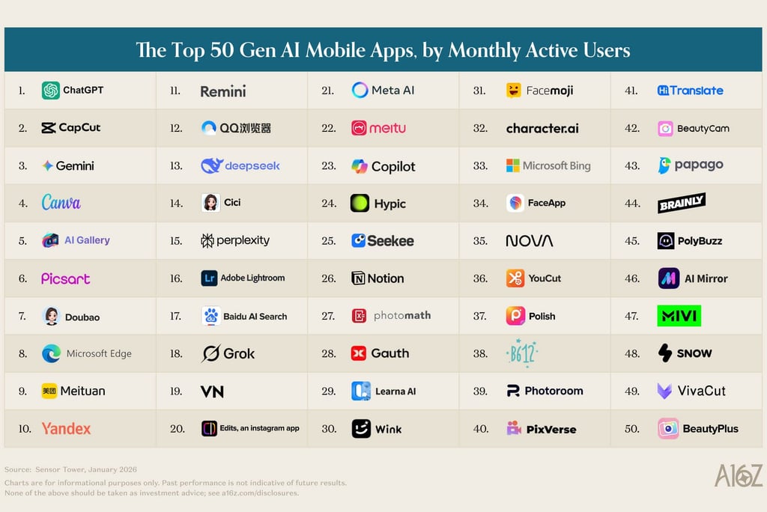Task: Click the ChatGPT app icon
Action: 51,91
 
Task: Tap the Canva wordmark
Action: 61,203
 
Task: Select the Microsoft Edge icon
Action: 51,353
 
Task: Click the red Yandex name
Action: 66,429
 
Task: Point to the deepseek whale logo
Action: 212,165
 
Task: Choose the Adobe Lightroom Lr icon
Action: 210,278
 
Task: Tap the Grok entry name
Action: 239,353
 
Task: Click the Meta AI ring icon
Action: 360,91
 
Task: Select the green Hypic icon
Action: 360,203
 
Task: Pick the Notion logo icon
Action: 359,278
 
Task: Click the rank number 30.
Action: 329,429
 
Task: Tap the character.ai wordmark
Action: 542,128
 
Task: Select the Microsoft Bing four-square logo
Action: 513,165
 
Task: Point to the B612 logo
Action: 522,353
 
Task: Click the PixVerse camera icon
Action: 514,429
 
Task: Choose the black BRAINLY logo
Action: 682,203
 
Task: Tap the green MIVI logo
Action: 679,316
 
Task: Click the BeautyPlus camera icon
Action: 668,429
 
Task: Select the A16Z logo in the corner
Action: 738,476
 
